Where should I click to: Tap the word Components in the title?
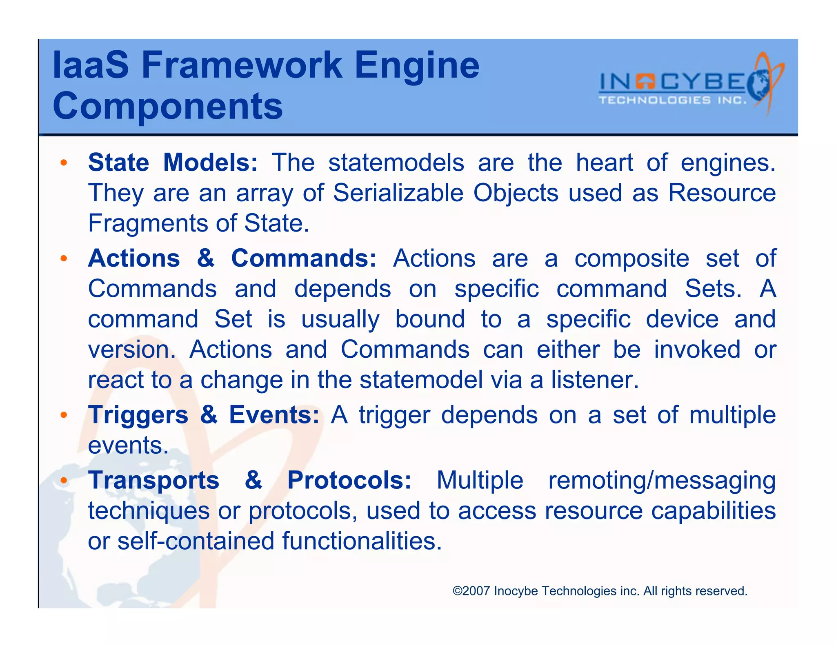tap(167, 106)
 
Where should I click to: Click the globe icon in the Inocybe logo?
tap(759, 85)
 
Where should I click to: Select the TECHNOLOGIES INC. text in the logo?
tap(672, 100)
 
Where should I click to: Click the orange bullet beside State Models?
tap(63, 163)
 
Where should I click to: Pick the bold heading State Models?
tap(173, 163)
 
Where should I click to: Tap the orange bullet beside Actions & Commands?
tap(63, 258)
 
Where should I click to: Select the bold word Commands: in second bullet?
tap(304, 258)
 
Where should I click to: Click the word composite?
tap(631, 258)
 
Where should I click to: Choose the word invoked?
tap(697, 350)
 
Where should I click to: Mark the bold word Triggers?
tap(138, 415)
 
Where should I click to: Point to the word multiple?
tap(732, 415)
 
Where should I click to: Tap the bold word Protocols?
tap(349, 480)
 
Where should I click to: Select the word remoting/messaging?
tap(662, 480)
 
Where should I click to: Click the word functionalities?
tap(362, 541)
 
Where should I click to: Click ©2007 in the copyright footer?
tap(471, 591)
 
